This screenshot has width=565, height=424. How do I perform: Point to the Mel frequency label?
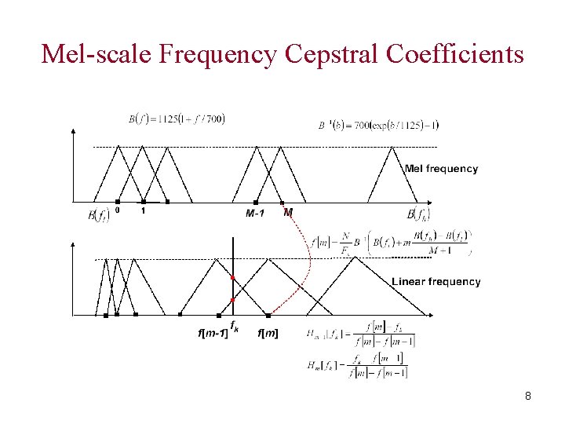(x=441, y=168)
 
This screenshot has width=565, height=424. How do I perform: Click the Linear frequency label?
(x=436, y=281)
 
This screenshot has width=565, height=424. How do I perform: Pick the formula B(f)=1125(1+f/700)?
(x=177, y=119)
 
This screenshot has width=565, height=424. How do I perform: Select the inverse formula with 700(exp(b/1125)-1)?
(x=379, y=124)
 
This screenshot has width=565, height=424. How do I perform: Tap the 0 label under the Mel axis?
(x=118, y=210)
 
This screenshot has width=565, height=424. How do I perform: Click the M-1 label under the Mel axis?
(x=255, y=213)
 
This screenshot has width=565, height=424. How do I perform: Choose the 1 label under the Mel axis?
(x=143, y=210)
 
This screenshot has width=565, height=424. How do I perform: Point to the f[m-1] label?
(x=212, y=333)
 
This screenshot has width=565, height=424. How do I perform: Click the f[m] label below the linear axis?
(x=268, y=333)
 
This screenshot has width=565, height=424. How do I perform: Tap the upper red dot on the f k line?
(x=232, y=279)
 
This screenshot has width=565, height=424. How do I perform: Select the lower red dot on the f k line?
(x=232, y=300)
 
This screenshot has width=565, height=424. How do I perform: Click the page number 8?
(x=528, y=396)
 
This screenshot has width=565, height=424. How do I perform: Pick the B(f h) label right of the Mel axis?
(x=418, y=214)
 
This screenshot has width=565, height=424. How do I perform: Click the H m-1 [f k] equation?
(x=361, y=334)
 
